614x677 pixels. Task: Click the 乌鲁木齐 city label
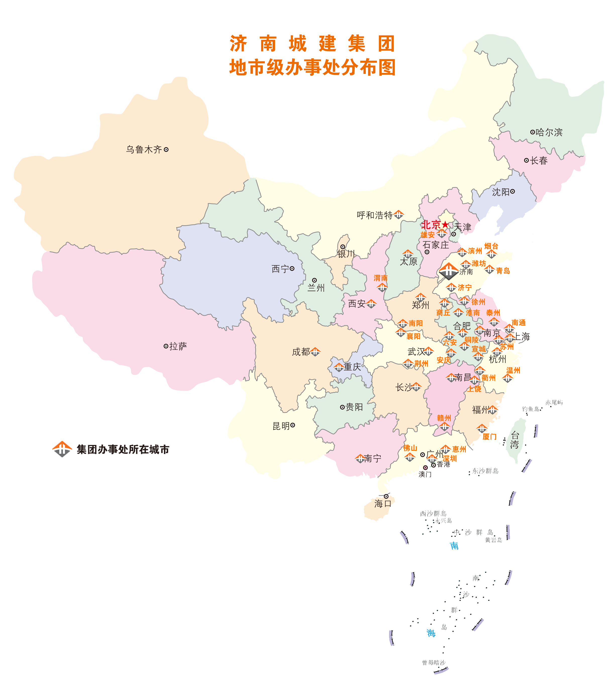pyautogui.click(x=144, y=149)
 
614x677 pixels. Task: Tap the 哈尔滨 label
pyautogui.click(x=549, y=132)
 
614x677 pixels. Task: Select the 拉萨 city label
pyautogui.click(x=178, y=346)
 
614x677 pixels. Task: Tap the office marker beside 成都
pyautogui.click(x=315, y=352)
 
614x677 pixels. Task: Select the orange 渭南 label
pyautogui.click(x=380, y=278)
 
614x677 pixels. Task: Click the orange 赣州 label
pyautogui.click(x=444, y=418)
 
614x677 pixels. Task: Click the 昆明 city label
pyautogui.click(x=281, y=426)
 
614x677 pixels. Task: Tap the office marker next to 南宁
pyautogui.click(x=360, y=458)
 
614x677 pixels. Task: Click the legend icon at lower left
pyautogui.click(x=62, y=449)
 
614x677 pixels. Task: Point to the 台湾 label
pyautogui.click(x=515, y=440)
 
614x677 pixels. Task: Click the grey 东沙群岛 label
pyautogui.click(x=485, y=471)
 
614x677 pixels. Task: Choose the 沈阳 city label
pyautogui.click(x=501, y=192)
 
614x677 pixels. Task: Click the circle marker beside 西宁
pyautogui.click(x=292, y=269)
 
